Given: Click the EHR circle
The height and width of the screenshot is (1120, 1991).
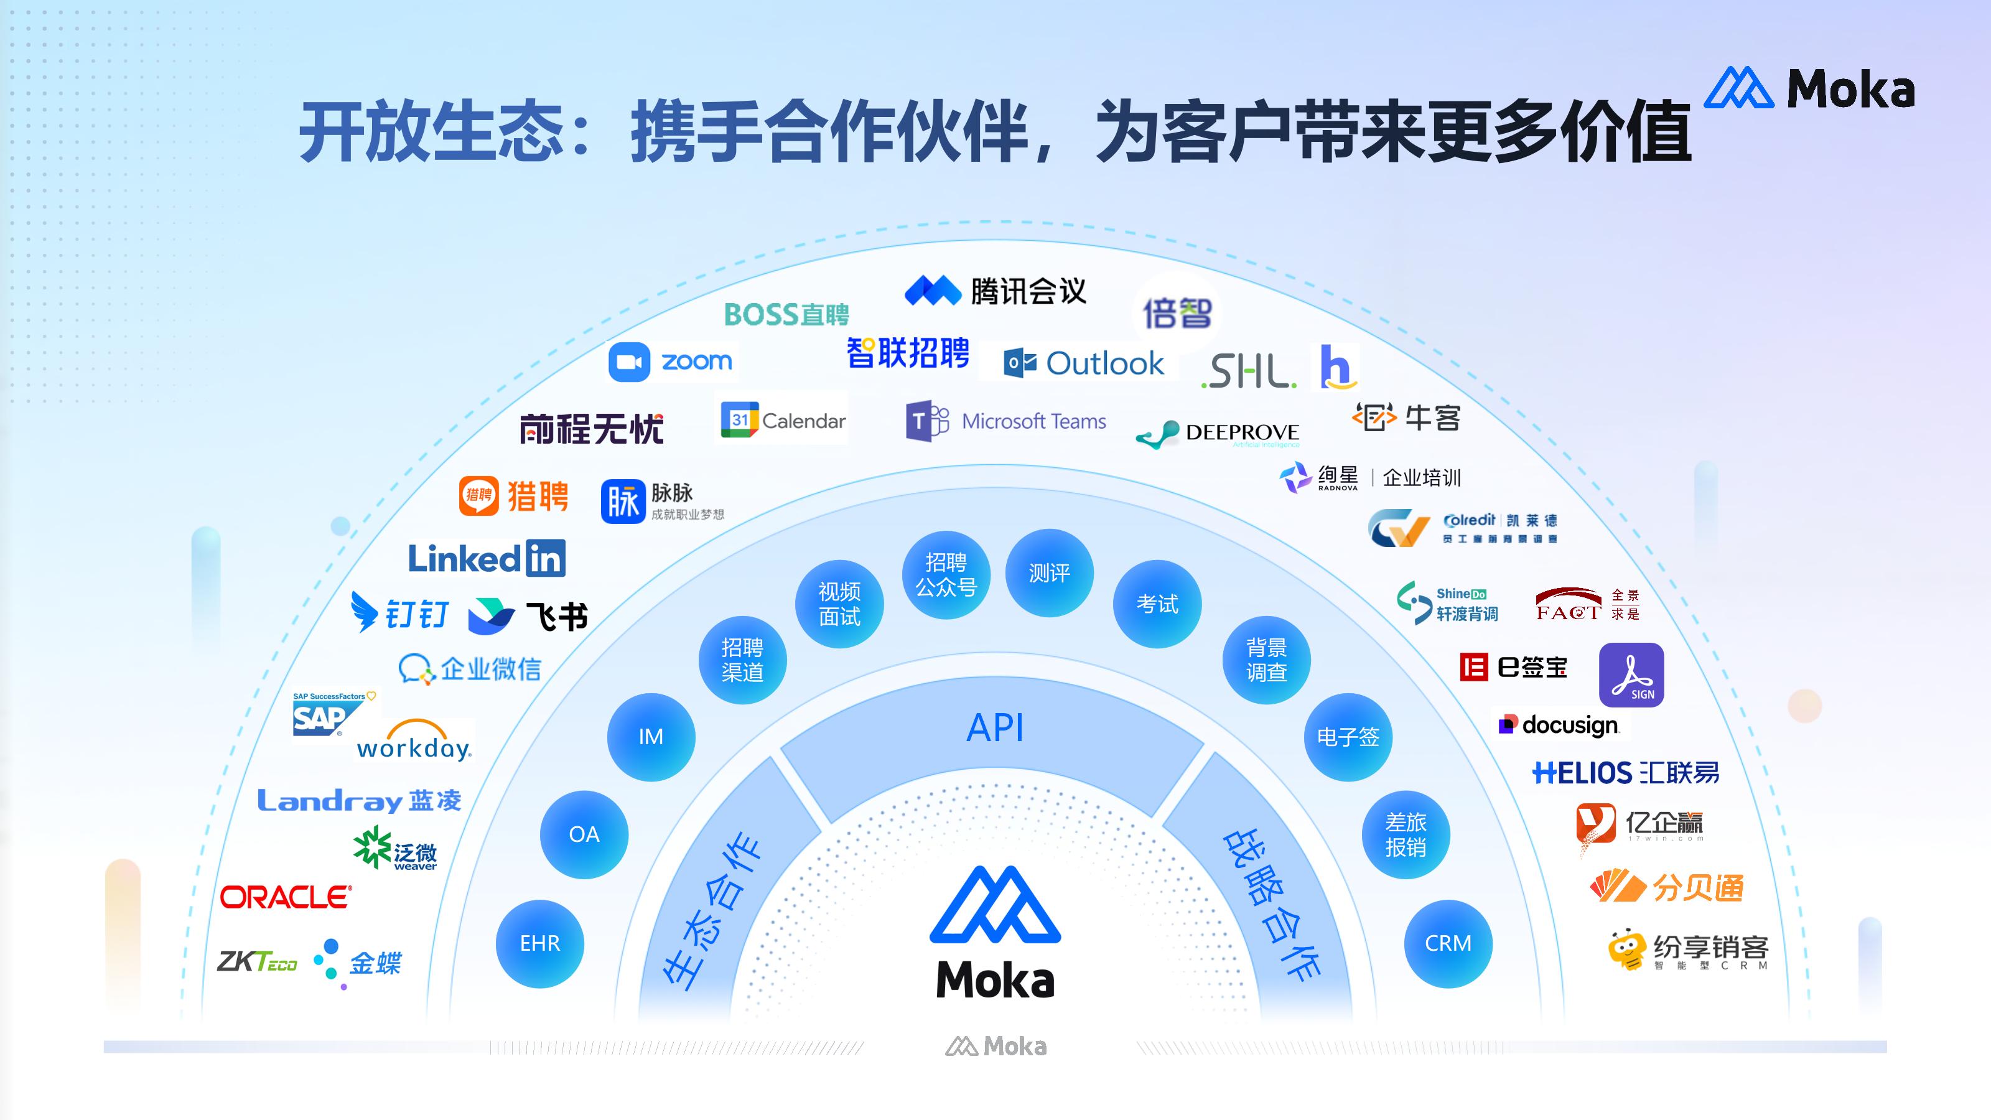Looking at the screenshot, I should [x=539, y=944].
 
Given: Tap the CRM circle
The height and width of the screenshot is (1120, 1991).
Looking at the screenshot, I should [x=1448, y=944].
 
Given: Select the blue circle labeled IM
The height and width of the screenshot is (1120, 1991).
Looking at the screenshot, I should [x=651, y=737].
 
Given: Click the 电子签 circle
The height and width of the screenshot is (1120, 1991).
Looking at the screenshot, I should [x=1348, y=737].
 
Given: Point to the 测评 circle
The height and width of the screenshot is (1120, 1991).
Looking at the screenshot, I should [x=1049, y=572].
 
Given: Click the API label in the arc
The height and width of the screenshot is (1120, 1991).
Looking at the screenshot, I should [x=995, y=728].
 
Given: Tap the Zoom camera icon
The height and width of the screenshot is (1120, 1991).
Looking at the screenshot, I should [x=629, y=362].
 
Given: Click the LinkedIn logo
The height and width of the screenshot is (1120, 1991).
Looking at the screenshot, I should [x=486, y=558].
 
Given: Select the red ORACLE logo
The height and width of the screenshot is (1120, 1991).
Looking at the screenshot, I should [x=286, y=897].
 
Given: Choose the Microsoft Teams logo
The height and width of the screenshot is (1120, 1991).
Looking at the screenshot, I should [x=1005, y=421].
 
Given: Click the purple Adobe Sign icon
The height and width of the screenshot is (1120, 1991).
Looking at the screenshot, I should [x=1631, y=674].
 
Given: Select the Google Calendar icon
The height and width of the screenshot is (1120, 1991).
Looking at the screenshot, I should [x=740, y=420].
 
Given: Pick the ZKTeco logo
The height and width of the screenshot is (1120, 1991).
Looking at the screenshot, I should [x=256, y=961].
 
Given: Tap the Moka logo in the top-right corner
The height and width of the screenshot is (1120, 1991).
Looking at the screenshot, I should [x=1809, y=88].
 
